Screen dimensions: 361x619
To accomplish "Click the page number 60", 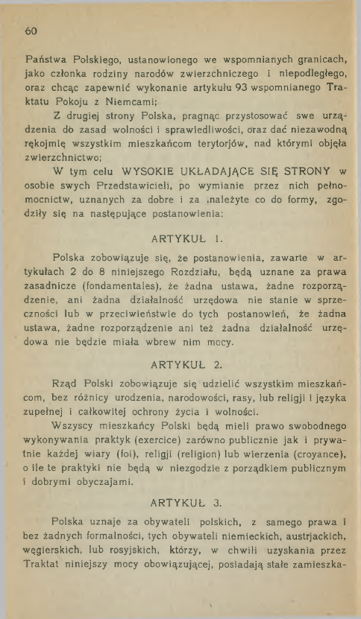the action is coord(31,31).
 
